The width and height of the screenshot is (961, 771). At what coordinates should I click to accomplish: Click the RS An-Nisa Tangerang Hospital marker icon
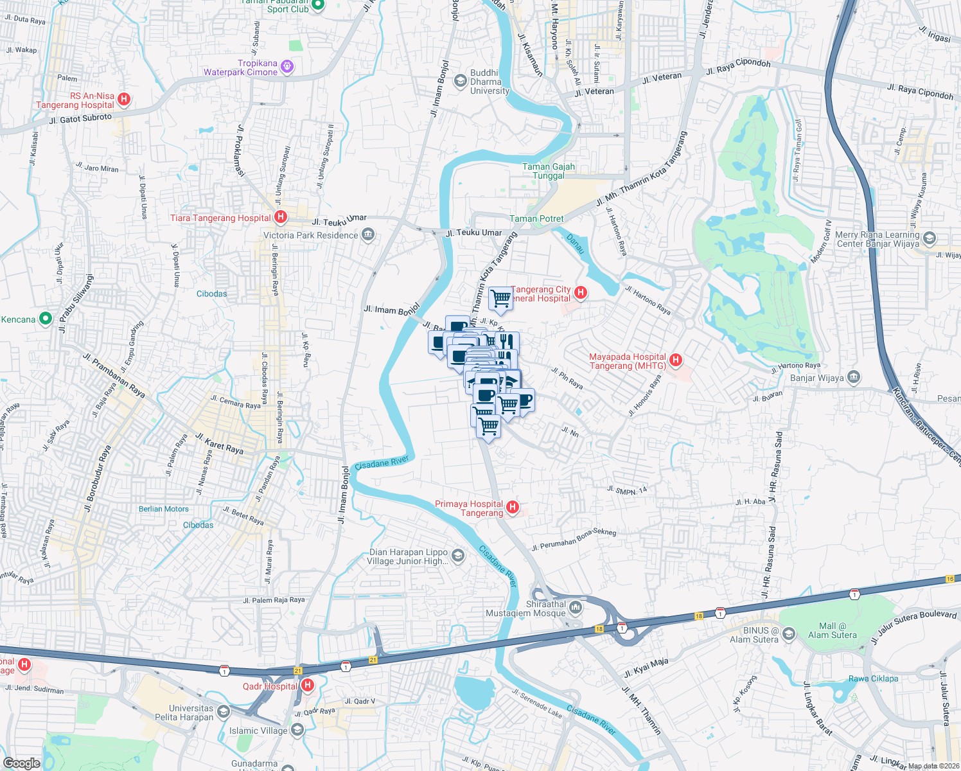(x=125, y=100)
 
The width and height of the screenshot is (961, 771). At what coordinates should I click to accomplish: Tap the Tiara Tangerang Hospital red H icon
(x=280, y=217)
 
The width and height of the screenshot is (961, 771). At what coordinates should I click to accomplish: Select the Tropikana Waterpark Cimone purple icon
(x=287, y=66)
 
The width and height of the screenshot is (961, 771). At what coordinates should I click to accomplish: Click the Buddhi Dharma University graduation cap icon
(x=460, y=81)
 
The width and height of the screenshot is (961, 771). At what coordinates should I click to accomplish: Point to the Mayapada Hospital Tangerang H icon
(x=675, y=360)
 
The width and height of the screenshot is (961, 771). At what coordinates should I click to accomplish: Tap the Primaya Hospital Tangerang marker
(x=513, y=508)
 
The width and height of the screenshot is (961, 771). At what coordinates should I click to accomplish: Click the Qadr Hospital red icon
(x=307, y=686)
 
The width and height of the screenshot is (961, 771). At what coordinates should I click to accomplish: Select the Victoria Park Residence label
(x=310, y=235)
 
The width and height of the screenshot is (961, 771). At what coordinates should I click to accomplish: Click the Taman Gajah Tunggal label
(x=549, y=171)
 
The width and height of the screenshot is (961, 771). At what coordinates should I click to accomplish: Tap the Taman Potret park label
(x=536, y=218)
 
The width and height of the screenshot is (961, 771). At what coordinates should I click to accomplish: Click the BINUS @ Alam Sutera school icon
(x=789, y=634)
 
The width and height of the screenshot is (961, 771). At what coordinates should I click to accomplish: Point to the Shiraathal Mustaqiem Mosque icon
(x=576, y=608)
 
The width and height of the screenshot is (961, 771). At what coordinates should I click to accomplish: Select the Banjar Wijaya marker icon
(x=853, y=377)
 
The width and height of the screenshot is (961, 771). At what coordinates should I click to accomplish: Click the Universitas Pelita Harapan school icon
(x=223, y=711)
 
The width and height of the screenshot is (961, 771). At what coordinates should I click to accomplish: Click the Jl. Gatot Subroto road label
(x=80, y=119)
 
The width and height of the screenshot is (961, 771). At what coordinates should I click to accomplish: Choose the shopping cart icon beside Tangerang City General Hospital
(x=500, y=298)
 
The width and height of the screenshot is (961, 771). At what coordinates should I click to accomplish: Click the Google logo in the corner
(x=21, y=763)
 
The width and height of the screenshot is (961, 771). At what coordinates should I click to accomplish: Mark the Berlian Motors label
(x=164, y=509)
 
